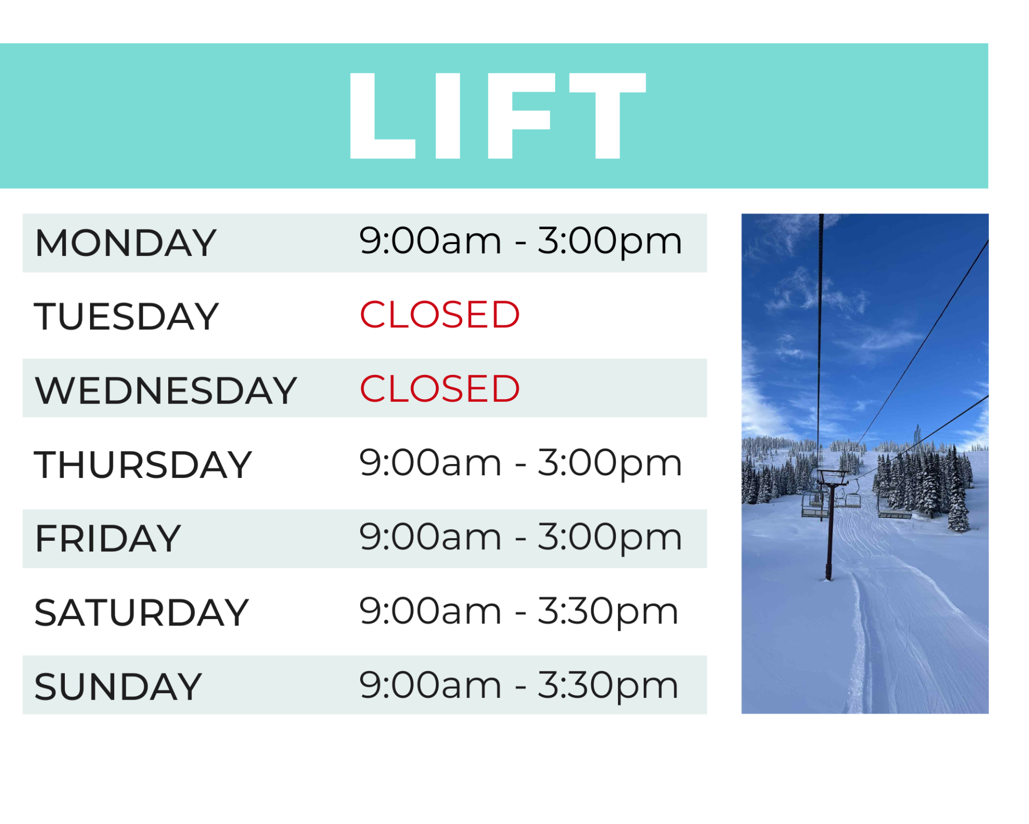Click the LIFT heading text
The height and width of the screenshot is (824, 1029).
[x=498, y=115]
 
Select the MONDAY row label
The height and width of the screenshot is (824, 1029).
[x=126, y=243]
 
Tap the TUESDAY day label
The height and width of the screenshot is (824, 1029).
[x=127, y=317]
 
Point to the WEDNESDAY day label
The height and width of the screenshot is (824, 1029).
[x=166, y=390]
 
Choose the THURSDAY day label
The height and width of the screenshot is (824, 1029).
[x=143, y=465]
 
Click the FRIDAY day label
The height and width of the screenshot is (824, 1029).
[x=108, y=539]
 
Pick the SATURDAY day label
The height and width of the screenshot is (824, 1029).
[x=142, y=613]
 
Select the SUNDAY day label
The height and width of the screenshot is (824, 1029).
[x=118, y=687]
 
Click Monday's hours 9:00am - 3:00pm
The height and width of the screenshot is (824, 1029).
[x=520, y=241]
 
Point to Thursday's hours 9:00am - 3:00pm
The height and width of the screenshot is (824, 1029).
[x=520, y=464]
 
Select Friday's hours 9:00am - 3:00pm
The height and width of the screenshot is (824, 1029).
[x=520, y=538]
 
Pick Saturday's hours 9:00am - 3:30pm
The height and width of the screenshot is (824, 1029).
[x=519, y=612]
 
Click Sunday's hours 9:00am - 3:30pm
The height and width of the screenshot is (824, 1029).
[x=519, y=686]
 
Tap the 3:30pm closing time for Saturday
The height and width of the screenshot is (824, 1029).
[x=608, y=612]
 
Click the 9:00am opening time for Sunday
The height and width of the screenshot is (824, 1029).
[x=430, y=686]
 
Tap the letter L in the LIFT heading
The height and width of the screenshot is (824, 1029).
[x=383, y=116]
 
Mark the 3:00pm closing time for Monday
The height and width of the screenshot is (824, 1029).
[x=610, y=241]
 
